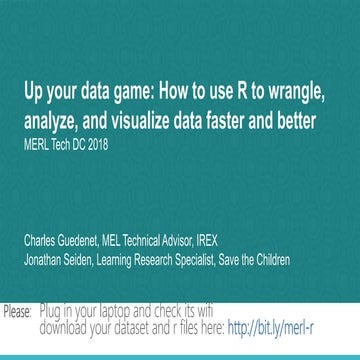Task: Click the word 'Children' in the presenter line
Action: pos(296,260)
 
